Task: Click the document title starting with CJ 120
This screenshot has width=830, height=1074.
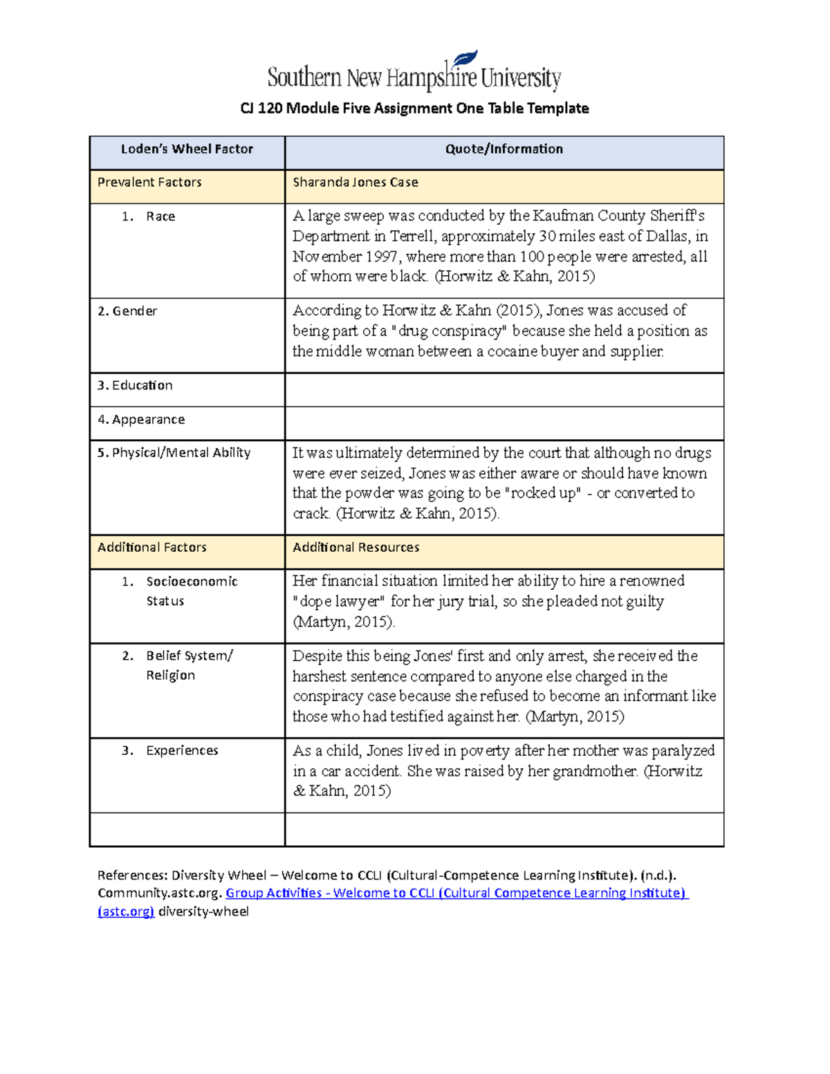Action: tap(414, 109)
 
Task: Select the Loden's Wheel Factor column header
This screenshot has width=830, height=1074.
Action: tap(187, 149)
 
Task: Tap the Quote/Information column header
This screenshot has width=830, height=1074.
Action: tap(504, 149)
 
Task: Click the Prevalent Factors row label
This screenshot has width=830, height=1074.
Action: tap(149, 183)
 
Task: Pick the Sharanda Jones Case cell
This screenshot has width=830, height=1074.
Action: tap(356, 183)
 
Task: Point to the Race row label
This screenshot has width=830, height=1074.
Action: tap(160, 216)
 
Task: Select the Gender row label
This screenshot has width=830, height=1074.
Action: tap(127, 311)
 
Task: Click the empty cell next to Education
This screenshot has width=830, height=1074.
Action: tap(504, 390)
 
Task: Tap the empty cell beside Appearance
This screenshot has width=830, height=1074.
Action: tap(504, 423)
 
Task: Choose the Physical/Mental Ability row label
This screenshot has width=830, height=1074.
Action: tap(174, 453)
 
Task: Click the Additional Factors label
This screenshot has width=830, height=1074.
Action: tap(152, 548)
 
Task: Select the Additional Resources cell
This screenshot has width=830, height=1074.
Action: tap(356, 548)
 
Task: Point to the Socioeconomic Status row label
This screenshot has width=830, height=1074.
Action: tap(191, 591)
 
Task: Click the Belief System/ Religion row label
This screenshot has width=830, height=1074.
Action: tap(188, 665)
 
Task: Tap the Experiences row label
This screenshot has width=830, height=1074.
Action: tap(182, 751)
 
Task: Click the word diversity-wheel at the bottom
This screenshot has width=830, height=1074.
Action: tap(203, 912)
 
